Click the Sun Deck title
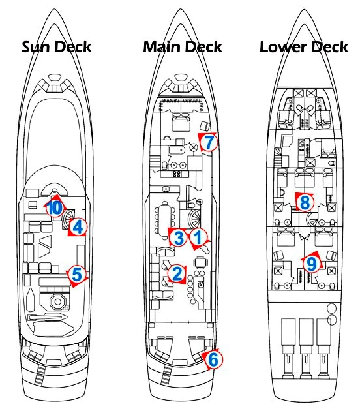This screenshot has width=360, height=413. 56,47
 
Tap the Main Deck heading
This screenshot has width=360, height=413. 183,47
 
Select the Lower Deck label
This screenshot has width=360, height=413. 304,47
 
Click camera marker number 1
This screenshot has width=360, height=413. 198,237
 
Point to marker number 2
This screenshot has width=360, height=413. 177,273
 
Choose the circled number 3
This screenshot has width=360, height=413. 179,237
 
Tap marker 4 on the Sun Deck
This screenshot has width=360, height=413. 78,227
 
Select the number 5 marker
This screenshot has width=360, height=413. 77,275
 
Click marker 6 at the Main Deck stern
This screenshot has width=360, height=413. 213,359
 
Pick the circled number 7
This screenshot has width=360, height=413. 209,142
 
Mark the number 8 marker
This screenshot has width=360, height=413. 305,202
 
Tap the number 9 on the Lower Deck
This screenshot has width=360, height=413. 312,264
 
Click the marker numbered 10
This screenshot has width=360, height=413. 55,208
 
